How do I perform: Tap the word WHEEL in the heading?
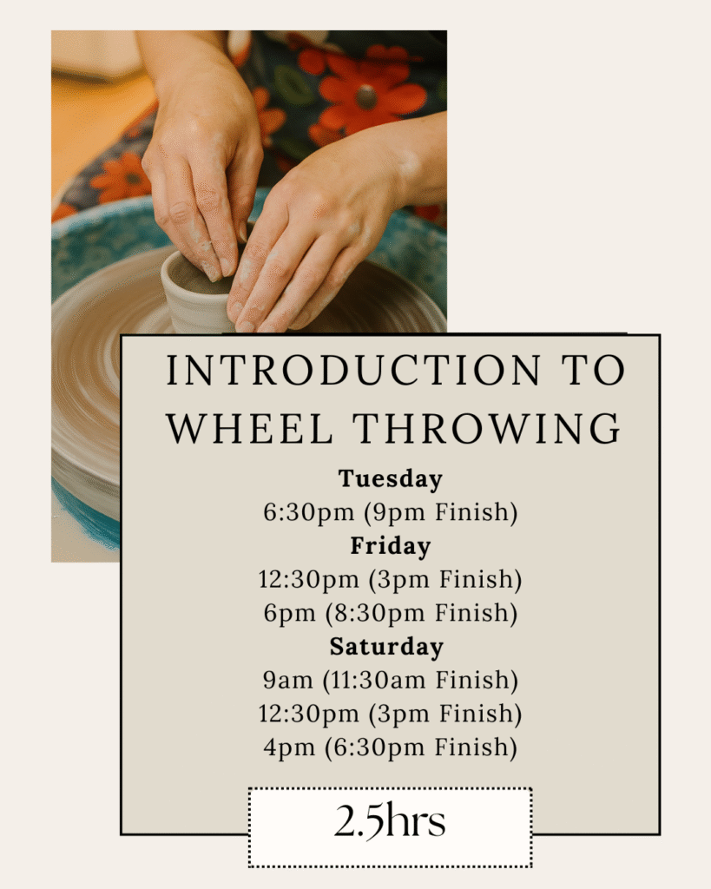click(x=249, y=429)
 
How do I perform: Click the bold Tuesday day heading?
click(x=390, y=479)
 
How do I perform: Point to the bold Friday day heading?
click(x=390, y=546)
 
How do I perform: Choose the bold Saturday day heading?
click(x=386, y=647)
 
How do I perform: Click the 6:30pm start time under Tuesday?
click(x=308, y=512)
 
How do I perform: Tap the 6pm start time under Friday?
click(x=289, y=614)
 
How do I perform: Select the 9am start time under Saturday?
click(x=287, y=680)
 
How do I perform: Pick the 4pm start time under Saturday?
click(x=288, y=747)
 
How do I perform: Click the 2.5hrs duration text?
click(x=390, y=821)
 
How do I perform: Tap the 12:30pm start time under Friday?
click(x=308, y=580)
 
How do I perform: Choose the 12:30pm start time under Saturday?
click(x=308, y=714)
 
